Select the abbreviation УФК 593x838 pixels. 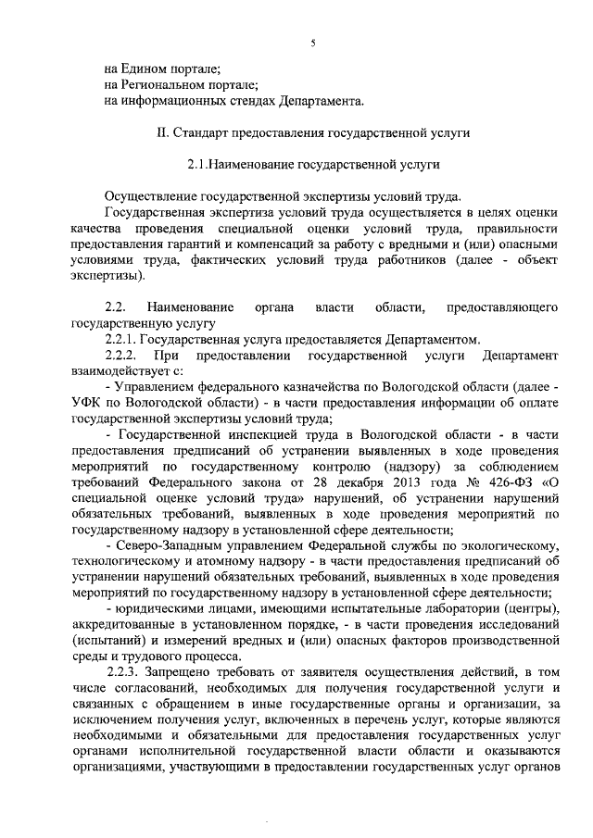(86, 403)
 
